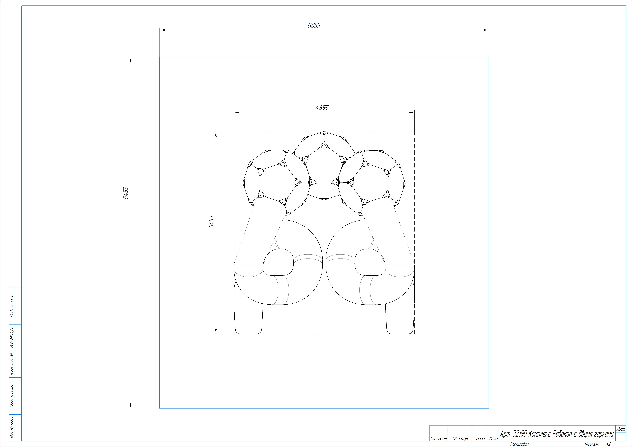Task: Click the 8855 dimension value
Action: coord(314,25)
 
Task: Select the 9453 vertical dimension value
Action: coord(126,193)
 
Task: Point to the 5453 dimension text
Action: coord(211,222)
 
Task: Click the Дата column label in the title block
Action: coord(493,439)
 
